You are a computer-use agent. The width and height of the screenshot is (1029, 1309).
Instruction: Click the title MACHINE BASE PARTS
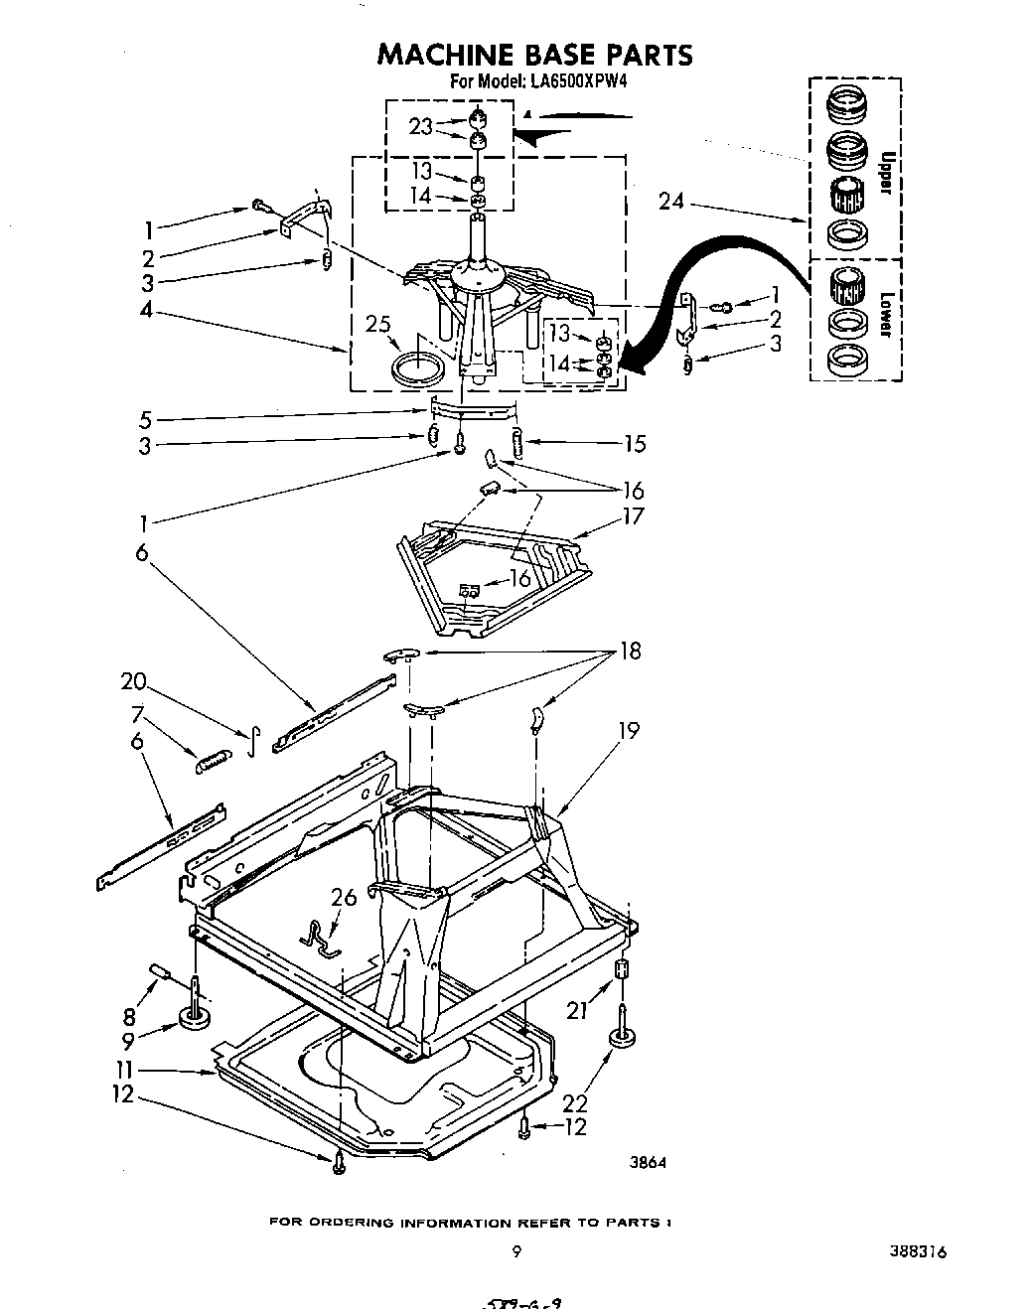tap(533, 55)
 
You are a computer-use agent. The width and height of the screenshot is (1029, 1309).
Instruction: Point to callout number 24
tap(671, 202)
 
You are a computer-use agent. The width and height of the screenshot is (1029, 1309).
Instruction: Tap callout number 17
tap(633, 515)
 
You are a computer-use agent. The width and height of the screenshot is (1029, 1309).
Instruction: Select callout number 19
tap(628, 730)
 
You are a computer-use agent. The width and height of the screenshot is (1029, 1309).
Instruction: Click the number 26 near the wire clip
tap(344, 899)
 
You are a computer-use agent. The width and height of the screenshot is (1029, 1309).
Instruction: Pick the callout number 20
tap(133, 682)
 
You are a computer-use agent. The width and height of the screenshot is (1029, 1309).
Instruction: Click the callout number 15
tap(635, 444)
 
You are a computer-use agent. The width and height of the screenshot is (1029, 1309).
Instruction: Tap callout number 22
tap(576, 1103)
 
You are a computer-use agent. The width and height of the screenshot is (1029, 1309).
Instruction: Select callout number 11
tap(123, 1071)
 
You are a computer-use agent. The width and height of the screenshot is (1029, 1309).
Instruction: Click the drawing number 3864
tap(646, 1165)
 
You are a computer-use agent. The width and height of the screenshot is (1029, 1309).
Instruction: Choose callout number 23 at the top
tap(420, 126)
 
